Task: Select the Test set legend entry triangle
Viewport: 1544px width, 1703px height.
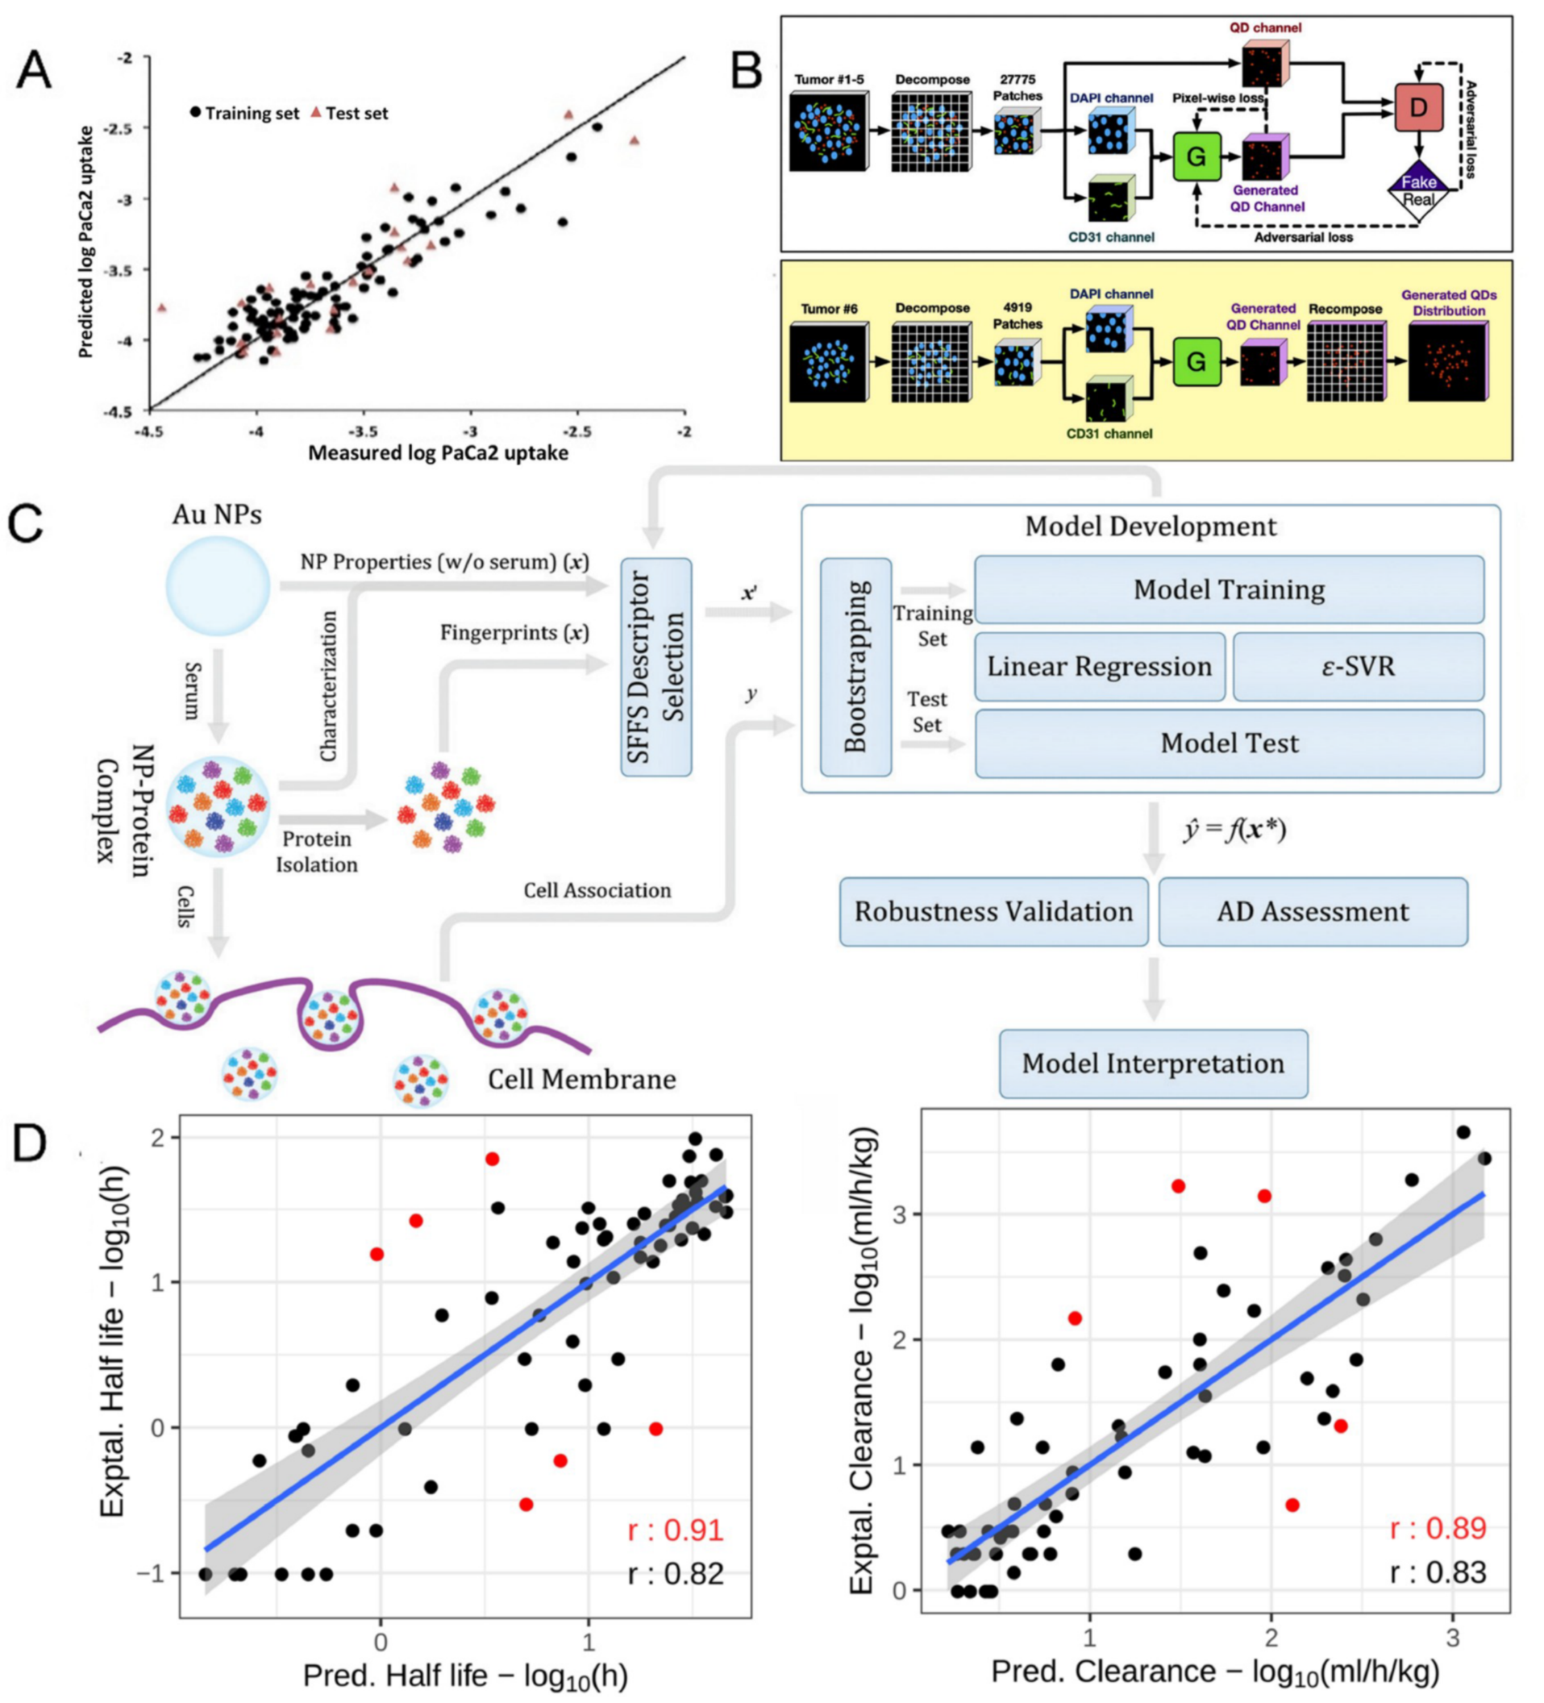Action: [x=316, y=112]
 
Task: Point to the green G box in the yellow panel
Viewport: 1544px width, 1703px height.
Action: [x=1196, y=362]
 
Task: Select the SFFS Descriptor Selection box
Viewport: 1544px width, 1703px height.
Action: [x=656, y=667]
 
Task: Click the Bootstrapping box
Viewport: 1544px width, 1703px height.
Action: [x=856, y=667]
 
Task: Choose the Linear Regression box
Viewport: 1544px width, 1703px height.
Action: [x=1099, y=667]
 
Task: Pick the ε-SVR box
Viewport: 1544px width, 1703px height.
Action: [x=1357, y=667]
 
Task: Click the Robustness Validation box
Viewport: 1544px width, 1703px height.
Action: [x=993, y=911]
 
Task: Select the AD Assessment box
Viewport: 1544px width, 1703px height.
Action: [x=1312, y=911]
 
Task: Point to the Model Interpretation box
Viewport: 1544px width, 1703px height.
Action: [x=1153, y=1063]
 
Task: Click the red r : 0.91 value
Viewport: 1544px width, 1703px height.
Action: [x=675, y=1530]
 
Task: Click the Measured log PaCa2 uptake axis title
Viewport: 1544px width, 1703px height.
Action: [x=437, y=453]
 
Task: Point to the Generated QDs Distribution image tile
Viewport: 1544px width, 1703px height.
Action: [x=1448, y=363]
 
